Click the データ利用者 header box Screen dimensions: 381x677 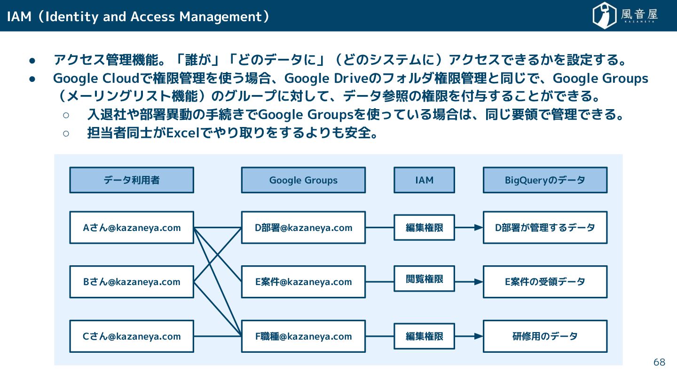click(x=132, y=180)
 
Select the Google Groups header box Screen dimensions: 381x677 click(x=303, y=180)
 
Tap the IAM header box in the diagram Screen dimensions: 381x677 click(x=424, y=180)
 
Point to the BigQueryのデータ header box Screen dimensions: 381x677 click(x=545, y=180)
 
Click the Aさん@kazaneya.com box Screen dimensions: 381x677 click(x=132, y=228)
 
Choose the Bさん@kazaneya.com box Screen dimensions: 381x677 click(x=132, y=282)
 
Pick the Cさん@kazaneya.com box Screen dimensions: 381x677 click(x=132, y=336)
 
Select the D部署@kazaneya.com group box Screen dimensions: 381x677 click(x=303, y=228)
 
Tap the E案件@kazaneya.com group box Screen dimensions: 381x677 click(x=303, y=282)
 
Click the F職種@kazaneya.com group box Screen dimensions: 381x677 click(x=303, y=336)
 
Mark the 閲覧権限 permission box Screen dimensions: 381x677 click(x=424, y=279)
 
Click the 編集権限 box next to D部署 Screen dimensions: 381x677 click(x=424, y=228)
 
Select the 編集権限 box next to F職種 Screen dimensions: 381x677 click(x=424, y=336)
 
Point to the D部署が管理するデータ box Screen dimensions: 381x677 click(x=545, y=228)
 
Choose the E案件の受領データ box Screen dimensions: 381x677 click(x=545, y=282)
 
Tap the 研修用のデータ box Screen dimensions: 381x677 click(x=545, y=336)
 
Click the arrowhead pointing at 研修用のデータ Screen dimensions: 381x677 click(x=479, y=336)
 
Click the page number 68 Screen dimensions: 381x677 click(x=659, y=362)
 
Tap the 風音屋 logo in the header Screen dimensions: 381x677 click(x=625, y=16)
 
